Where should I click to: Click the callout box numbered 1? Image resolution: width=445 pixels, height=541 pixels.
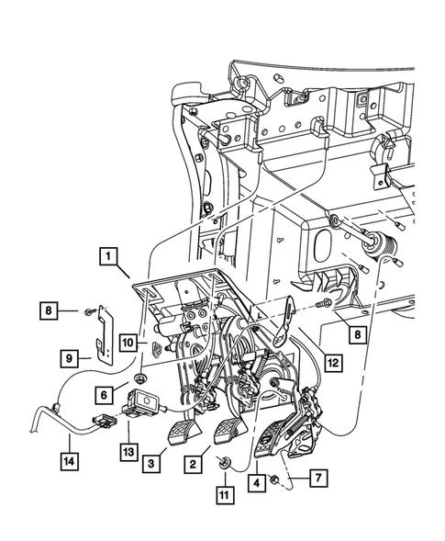tap(108, 256)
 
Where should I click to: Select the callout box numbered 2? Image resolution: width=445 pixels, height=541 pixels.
tap(193, 464)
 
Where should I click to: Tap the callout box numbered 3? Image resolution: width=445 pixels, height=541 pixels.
tap(151, 463)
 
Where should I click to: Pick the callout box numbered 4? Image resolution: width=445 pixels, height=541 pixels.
tap(257, 483)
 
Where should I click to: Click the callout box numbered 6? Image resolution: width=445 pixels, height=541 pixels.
tap(104, 395)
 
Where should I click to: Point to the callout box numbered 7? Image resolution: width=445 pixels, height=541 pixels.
tap(318, 478)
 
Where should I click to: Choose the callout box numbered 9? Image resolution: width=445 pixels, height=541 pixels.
tap(69, 359)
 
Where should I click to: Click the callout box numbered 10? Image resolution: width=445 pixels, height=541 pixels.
tap(128, 343)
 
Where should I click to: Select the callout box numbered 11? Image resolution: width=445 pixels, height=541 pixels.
tap(225, 495)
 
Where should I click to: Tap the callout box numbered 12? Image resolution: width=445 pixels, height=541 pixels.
tap(334, 363)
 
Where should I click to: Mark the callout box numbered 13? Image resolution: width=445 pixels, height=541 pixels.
tap(129, 452)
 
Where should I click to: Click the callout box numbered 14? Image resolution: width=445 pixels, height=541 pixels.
tap(70, 461)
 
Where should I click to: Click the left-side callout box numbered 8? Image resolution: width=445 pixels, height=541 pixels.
tap(49, 310)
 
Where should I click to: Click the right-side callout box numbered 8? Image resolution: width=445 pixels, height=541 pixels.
tap(358, 334)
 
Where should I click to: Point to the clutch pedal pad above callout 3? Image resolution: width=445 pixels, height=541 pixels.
tap(184, 431)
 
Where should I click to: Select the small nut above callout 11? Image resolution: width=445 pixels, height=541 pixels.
tap(223, 461)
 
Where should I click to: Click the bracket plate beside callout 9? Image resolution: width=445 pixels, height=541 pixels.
tap(105, 334)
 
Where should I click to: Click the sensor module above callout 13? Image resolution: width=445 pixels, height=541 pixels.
tap(143, 402)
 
